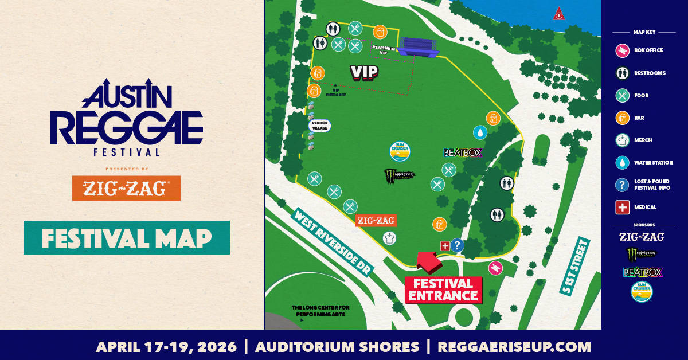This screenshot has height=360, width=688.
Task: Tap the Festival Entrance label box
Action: [x=443, y=289]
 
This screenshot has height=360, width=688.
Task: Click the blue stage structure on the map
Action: [x=419, y=46]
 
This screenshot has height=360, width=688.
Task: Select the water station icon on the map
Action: [x=479, y=132]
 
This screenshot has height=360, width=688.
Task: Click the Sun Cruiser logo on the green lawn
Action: [x=400, y=150]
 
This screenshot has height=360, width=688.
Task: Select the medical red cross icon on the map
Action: [x=444, y=245]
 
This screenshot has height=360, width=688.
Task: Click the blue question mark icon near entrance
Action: [x=457, y=245]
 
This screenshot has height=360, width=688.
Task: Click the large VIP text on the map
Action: [x=364, y=71]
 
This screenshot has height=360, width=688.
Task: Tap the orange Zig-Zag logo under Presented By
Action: [x=126, y=188]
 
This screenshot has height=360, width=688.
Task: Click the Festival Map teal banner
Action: [x=126, y=237]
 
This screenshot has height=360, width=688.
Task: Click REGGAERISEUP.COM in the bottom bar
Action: [x=514, y=346]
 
